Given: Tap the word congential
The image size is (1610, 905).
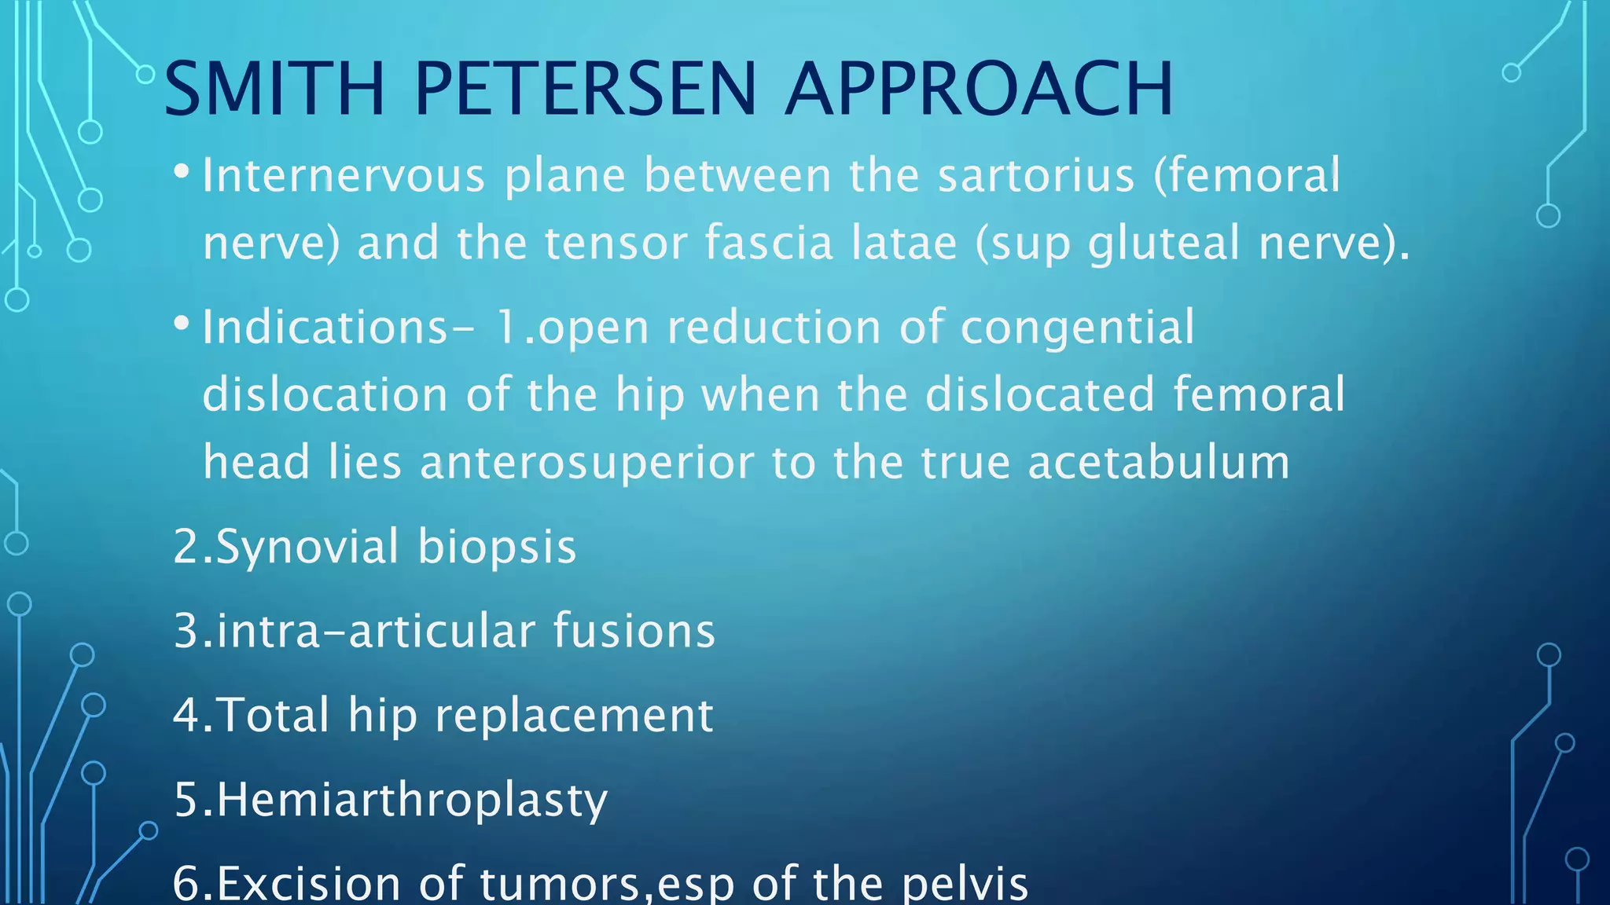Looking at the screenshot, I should pos(1077,328).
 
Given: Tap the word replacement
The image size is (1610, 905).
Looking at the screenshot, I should pos(574,716).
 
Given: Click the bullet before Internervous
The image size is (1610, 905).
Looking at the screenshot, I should pos(182,170).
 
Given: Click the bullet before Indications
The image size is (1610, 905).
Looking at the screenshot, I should pos(182,323).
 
